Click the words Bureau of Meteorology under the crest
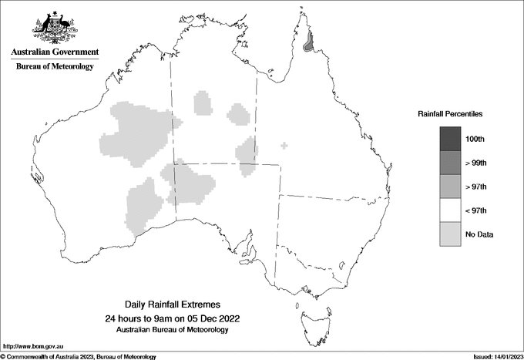tap(55, 66)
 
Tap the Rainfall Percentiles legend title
tap(450, 113)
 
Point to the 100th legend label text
tap(475, 139)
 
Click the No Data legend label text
tap(479, 234)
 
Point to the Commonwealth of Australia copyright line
tap(79, 356)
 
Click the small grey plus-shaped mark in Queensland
tap(285, 145)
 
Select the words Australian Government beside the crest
tap(55, 52)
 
